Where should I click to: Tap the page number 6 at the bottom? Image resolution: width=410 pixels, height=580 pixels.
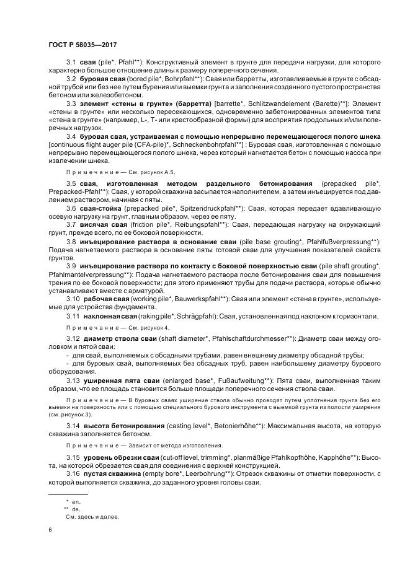pyautogui.click(x=50, y=529)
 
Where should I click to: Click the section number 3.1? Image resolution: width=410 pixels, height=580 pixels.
pyautogui.click(x=71, y=63)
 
